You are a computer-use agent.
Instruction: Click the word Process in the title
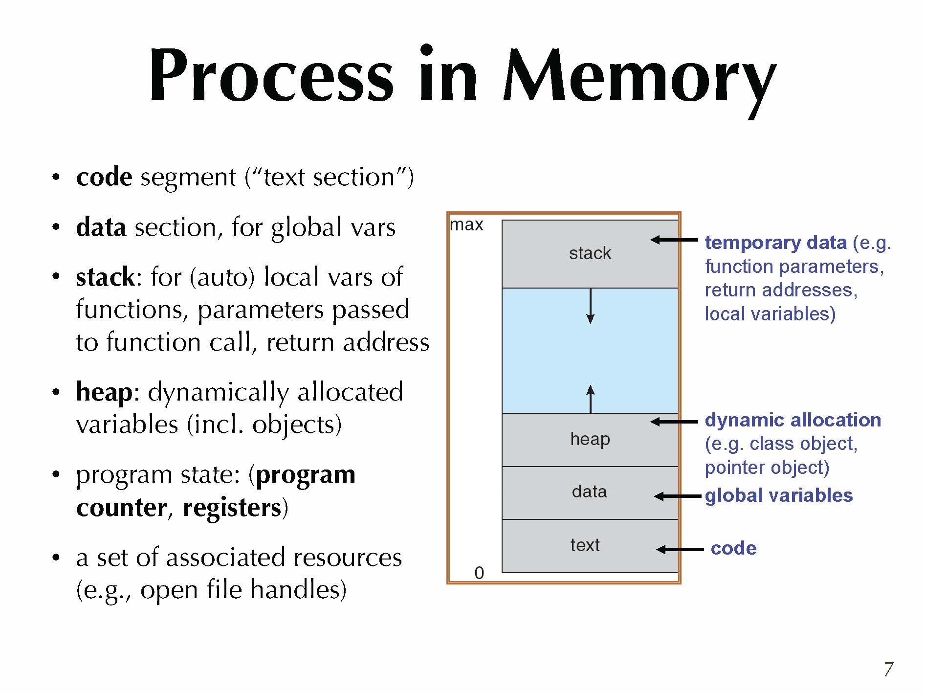[x=271, y=76]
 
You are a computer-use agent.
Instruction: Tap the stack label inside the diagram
[x=590, y=253]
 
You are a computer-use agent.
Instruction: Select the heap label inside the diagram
[x=590, y=439]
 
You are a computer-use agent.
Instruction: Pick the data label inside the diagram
[x=590, y=492]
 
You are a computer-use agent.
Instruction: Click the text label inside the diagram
[x=585, y=545]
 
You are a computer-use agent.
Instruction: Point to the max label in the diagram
[x=466, y=224]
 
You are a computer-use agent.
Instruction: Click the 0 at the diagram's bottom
[x=479, y=573]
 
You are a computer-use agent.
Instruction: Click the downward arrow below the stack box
[x=591, y=306]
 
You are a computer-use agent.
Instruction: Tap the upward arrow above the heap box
[x=591, y=399]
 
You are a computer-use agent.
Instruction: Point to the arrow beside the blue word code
[x=680, y=549]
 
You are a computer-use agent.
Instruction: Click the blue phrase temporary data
[x=775, y=243]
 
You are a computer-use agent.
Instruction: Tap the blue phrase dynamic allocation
[x=793, y=420]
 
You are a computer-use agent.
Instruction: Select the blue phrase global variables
[x=778, y=495]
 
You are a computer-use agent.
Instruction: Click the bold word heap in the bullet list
[x=104, y=392]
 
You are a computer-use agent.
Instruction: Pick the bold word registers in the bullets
[x=232, y=508]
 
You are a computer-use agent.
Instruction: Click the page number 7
[x=888, y=669]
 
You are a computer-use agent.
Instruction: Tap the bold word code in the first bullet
[x=104, y=177]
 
